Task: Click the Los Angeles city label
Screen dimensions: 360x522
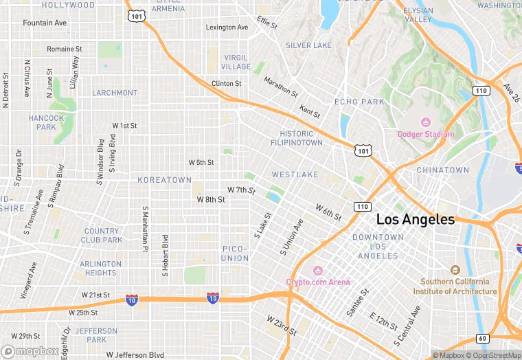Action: pos(415,220)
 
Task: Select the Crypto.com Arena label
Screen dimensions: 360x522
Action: pos(317,282)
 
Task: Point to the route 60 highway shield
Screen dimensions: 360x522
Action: pos(481,338)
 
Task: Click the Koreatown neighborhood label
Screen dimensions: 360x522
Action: pos(164,180)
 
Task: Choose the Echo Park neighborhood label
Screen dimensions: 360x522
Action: pos(359,102)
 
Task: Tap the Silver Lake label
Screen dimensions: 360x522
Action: pos(308,45)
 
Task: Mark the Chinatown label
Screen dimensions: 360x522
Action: pos(442,170)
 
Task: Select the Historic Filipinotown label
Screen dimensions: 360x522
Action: pos(301,138)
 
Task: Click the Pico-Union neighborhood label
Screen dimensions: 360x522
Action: pos(235,253)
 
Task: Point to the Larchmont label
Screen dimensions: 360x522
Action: pos(115,93)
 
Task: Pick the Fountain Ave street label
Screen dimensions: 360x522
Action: pos(45,23)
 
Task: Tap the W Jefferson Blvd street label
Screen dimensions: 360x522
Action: pos(135,355)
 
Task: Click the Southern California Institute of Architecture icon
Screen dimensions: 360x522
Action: pos(455,271)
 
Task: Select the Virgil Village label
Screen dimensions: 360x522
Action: pos(236,62)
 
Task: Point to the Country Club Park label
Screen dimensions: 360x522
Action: pos(102,236)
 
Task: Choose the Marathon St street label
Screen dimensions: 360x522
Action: pos(280,86)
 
